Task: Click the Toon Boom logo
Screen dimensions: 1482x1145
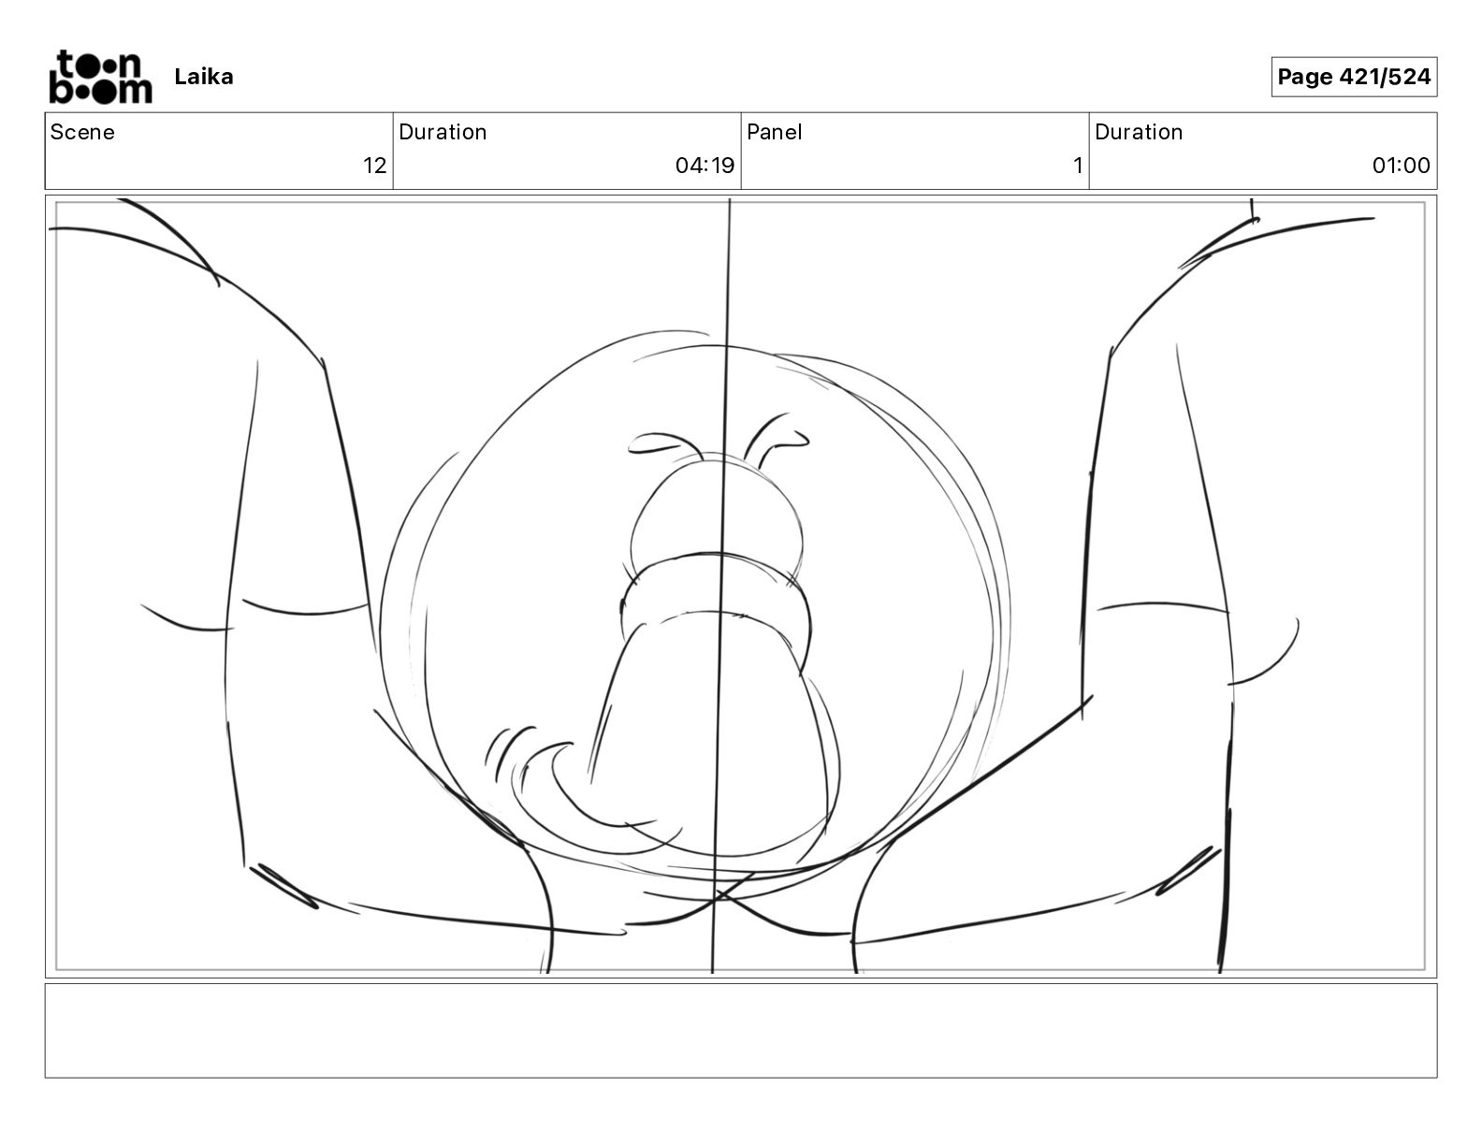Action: coord(99,77)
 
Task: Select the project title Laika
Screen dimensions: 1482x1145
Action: coord(203,77)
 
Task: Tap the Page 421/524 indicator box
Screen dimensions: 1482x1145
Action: coord(1353,77)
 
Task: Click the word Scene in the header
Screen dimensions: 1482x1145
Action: coord(82,132)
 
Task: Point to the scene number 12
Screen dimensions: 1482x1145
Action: coord(374,166)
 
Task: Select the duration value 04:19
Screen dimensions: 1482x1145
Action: coord(705,166)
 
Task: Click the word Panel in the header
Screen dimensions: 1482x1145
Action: coord(774,132)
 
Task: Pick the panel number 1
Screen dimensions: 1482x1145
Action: coord(1077,166)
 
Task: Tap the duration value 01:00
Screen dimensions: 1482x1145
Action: coord(1401,166)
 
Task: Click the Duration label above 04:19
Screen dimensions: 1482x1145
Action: coord(443,132)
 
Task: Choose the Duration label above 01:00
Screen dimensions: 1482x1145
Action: coord(1139,132)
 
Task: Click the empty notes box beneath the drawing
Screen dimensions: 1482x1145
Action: coord(740,1030)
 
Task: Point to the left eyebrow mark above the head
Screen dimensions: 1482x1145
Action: coord(663,443)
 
